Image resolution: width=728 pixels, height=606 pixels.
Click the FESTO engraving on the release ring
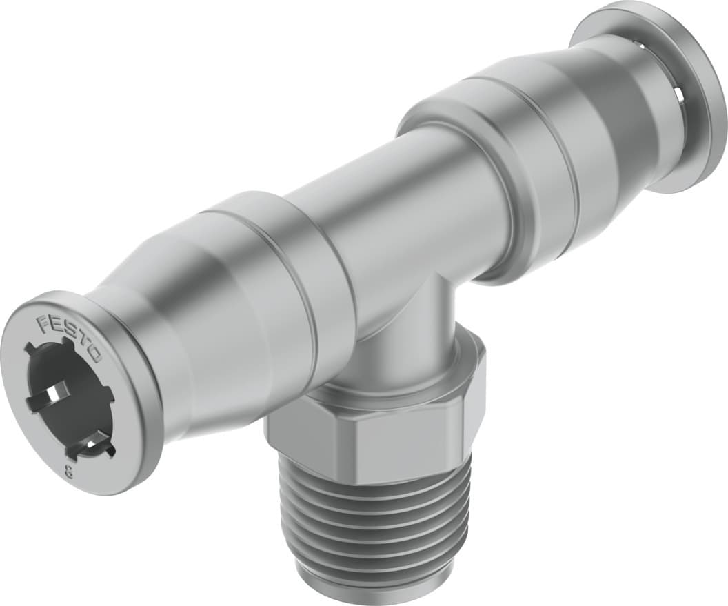(x=69, y=337)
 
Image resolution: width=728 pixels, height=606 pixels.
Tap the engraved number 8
(x=69, y=472)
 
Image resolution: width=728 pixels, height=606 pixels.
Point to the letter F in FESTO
(x=43, y=321)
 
